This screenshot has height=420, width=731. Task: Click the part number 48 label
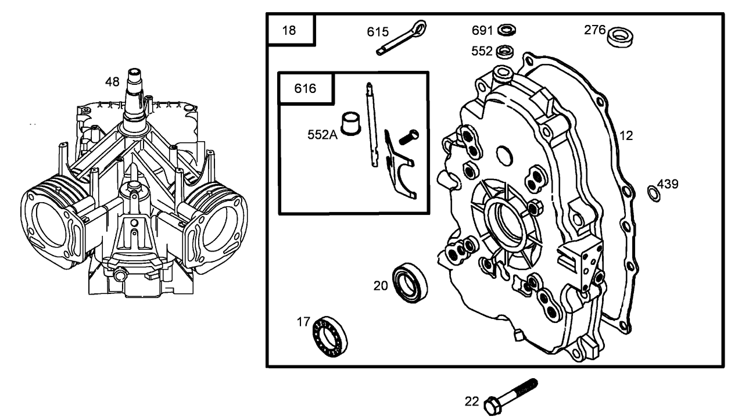(x=112, y=82)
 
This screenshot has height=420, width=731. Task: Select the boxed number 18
(x=289, y=30)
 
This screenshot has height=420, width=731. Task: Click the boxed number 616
(x=305, y=88)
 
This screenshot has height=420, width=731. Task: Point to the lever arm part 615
(x=401, y=37)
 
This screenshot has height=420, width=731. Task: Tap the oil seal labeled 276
(x=620, y=36)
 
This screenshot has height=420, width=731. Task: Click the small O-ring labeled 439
(x=654, y=193)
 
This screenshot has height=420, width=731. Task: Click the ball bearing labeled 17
(x=329, y=336)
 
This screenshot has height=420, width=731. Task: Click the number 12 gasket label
(x=626, y=136)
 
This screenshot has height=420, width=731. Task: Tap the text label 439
(x=668, y=184)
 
